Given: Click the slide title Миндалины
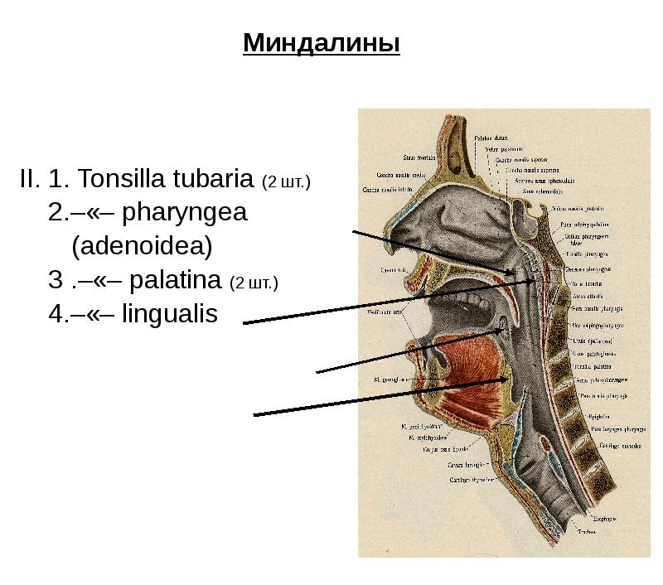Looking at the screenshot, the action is (x=322, y=42).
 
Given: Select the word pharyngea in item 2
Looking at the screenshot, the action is (x=185, y=212).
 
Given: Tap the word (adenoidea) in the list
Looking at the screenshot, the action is (x=142, y=246).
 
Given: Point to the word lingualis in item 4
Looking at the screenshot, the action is (x=170, y=314).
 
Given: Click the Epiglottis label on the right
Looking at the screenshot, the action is (x=598, y=416).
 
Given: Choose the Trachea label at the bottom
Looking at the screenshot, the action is (x=588, y=532).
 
